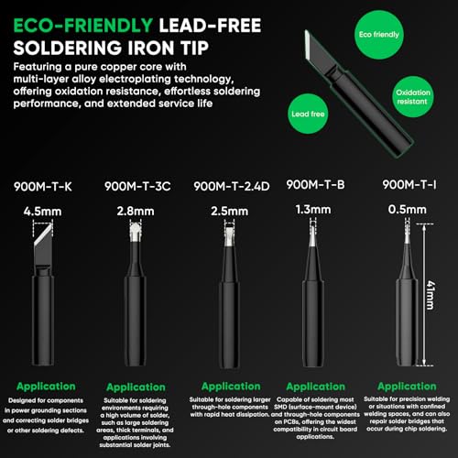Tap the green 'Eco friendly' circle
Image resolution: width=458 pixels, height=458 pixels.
(x=365, y=34)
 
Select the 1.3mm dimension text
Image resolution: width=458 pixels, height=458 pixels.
(x=316, y=212)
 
